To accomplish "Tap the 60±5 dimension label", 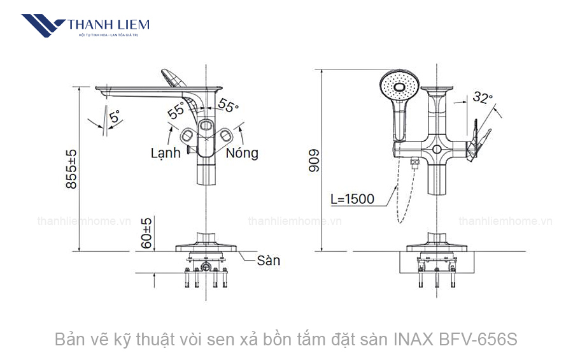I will coord(147,233).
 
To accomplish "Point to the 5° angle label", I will coord(114,117).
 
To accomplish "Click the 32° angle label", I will coord(483,97).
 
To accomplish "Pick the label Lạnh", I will coord(166,153).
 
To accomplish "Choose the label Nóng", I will coord(243,153).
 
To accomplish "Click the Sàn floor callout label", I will coord(269,261).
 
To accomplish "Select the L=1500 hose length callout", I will coord(352,199).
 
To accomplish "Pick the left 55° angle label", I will coord(176,110).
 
